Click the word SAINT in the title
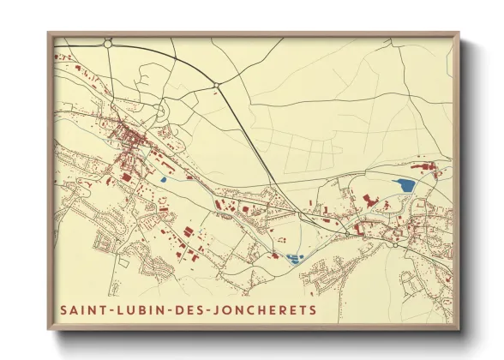tap(81, 309)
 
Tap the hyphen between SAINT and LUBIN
tap(109, 309)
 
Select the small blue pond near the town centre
tap(162, 181)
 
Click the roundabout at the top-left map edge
tap(108, 40)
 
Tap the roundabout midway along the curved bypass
tap(218, 84)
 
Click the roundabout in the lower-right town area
tap(394, 243)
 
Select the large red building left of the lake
tap(369, 199)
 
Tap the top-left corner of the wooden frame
tap(50, 35)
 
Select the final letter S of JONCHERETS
tap(312, 309)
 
